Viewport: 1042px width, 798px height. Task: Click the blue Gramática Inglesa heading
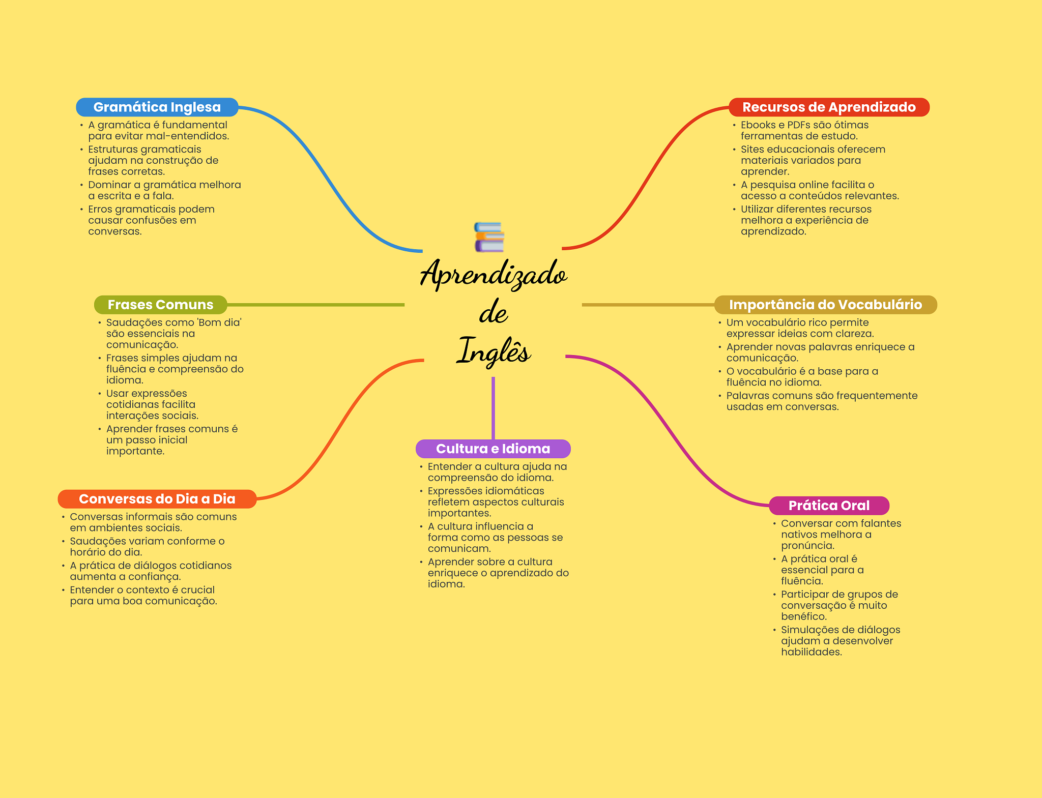157,107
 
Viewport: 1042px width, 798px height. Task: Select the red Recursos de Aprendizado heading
829,107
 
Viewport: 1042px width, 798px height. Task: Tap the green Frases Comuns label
160,305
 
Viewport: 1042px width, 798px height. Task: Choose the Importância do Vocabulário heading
825,305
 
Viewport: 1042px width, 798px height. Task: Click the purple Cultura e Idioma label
493,449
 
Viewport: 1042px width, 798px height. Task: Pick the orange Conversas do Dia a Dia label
157,499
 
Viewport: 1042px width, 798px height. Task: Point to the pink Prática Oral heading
829,506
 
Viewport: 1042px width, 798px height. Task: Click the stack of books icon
489,237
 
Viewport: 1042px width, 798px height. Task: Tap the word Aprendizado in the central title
493,275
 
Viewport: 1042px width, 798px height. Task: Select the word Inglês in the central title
493,351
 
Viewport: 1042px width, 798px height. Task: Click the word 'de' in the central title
493,313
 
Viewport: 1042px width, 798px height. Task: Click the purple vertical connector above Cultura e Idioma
493,407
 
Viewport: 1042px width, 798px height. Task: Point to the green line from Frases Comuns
315,305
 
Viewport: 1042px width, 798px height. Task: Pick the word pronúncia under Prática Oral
807,546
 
